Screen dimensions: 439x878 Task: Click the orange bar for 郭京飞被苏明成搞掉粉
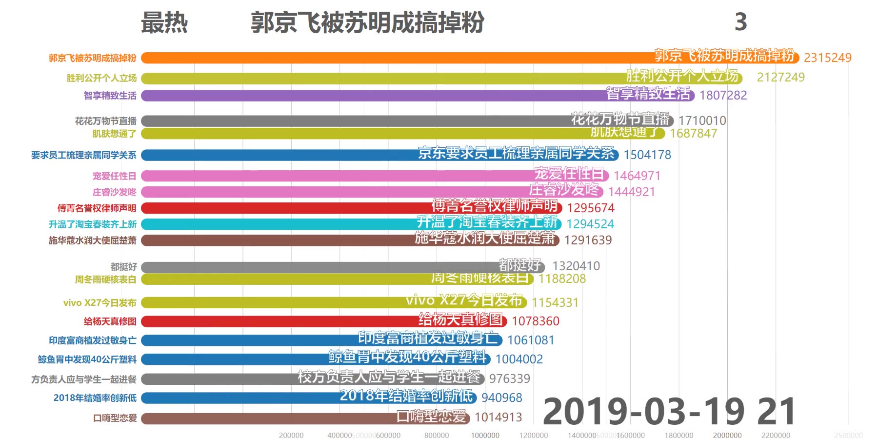pyautogui.click(x=390, y=58)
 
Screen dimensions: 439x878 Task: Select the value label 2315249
pyautogui.click(x=827, y=58)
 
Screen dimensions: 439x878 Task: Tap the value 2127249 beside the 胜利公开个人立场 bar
pyautogui.click(x=780, y=78)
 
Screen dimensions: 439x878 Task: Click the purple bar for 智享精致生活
pyautogui.click(x=371, y=96)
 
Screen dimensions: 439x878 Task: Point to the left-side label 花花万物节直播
pyautogui.click(x=105, y=121)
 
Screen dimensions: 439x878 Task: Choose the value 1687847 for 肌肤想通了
pyautogui.click(x=693, y=134)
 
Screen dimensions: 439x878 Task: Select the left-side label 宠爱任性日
pyautogui.click(x=114, y=176)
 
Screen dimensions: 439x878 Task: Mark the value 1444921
pyautogui.click(x=631, y=192)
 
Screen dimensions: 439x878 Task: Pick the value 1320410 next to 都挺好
pyautogui.click(x=576, y=266)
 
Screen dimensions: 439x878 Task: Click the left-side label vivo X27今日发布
pyautogui.click(x=100, y=303)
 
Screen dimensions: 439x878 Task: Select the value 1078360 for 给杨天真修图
pyautogui.click(x=535, y=321)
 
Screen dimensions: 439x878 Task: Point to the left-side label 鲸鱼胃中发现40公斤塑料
pyautogui.click(x=87, y=359)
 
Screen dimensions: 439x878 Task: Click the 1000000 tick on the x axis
pyautogui.click(x=485, y=435)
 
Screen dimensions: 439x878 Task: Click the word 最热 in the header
pyautogui.click(x=164, y=23)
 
